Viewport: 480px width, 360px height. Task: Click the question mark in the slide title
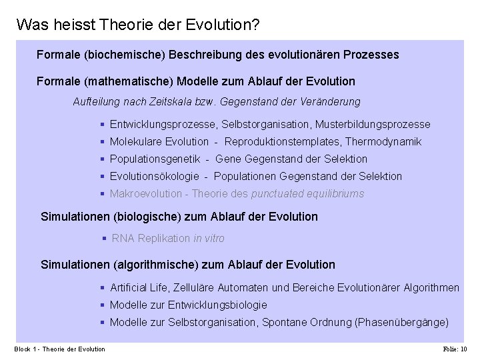click(x=256, y=25)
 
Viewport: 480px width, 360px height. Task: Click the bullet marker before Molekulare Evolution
click(x=102, y=141)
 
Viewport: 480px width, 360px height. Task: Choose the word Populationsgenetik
click(x=155, y=159)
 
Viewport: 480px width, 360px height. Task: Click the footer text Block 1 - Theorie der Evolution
click(x=60, y=349)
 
